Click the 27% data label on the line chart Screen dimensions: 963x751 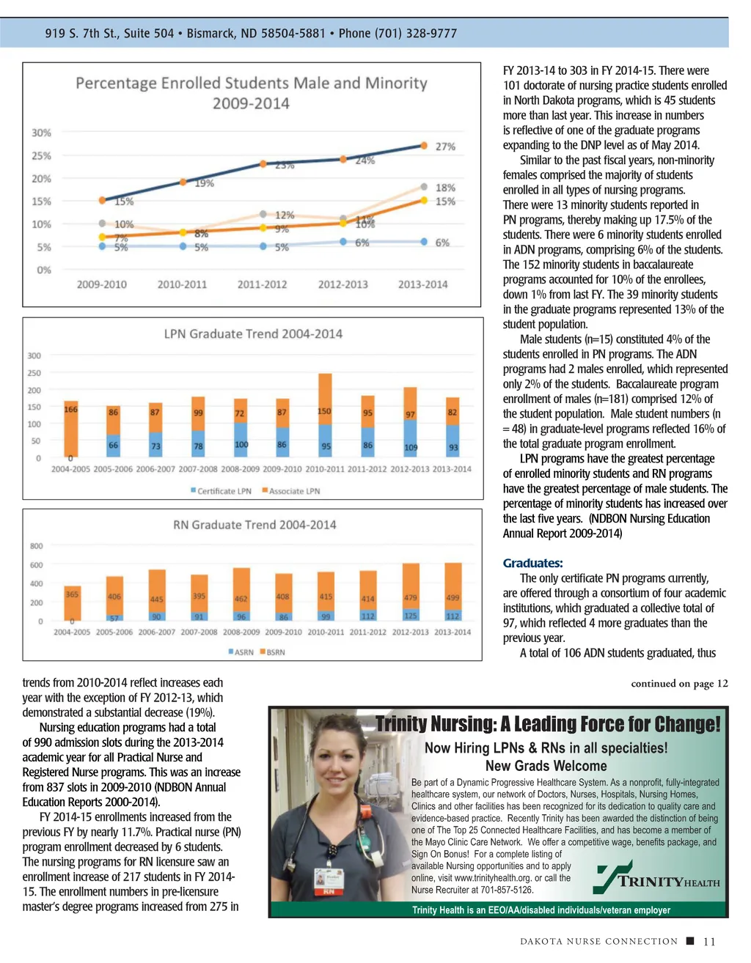445,147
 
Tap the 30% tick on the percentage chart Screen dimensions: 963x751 41,133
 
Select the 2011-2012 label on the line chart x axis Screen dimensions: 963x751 263,284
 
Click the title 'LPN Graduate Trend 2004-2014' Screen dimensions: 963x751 253,334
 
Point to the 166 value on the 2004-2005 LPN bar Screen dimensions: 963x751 70,410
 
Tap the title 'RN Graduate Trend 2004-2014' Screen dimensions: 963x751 254,525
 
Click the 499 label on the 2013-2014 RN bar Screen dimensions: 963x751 453,597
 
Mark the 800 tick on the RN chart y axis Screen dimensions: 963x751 37,546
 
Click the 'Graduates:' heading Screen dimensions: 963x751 532,564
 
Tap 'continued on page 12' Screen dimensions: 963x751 679,684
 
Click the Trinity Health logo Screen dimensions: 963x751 658,879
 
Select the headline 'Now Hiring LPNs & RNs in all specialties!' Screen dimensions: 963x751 546,748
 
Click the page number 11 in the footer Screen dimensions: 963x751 708,942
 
